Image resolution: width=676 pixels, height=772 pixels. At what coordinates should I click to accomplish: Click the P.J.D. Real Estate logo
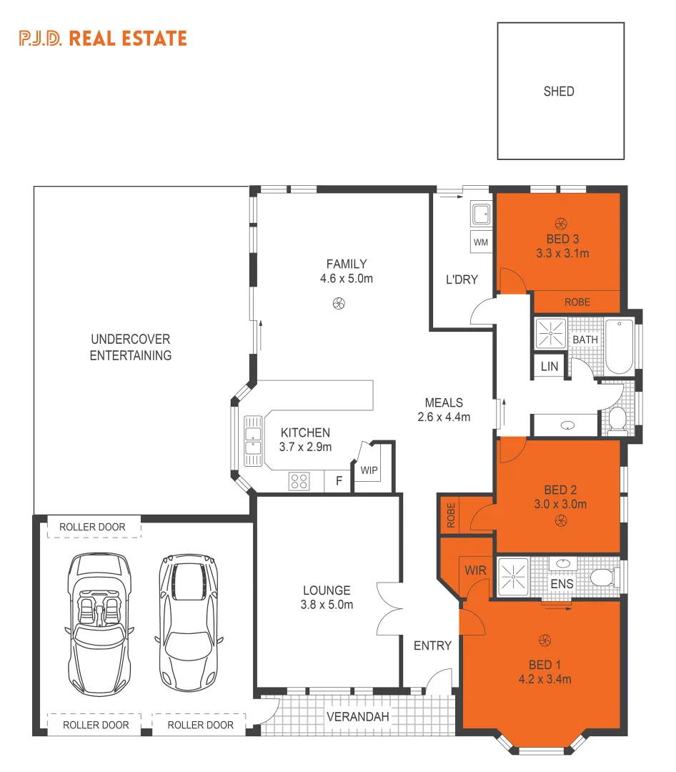pyautogui.click(x=103, y=38)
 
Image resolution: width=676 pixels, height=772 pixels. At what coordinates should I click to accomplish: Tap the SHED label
pyautogui.click(x=559, y=91)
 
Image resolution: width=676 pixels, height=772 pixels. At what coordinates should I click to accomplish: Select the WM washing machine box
pyautogui.click(x=480, y=242)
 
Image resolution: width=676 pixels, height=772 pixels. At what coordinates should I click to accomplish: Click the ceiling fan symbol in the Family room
pyautogui.click(x=339, y=303)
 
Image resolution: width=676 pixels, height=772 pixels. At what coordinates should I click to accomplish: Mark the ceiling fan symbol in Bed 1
pyautogui.click(x=545, y=639)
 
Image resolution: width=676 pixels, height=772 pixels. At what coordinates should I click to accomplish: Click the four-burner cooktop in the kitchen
pyautogui.click(x=299, y=481)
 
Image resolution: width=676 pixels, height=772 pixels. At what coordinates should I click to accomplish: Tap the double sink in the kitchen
pyautogui.click(x=252, y=436)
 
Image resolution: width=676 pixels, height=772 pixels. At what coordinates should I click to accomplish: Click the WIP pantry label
pyautogui.click(x=369, y=470)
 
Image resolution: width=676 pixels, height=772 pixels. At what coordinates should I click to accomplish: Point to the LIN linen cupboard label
pyautogui.click(x=549, y=367)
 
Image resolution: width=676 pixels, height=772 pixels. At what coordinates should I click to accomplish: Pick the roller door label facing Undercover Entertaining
pyautogui.click(x=92, y=528)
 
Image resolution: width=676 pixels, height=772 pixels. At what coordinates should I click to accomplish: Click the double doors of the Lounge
pyautogui.click(x=390, y=608)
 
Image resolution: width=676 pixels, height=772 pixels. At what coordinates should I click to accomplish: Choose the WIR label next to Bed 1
pyautogui.click(x=475, y=570)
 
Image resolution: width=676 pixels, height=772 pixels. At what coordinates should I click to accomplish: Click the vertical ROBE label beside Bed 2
pyautogui.click(x=450, y=515)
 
